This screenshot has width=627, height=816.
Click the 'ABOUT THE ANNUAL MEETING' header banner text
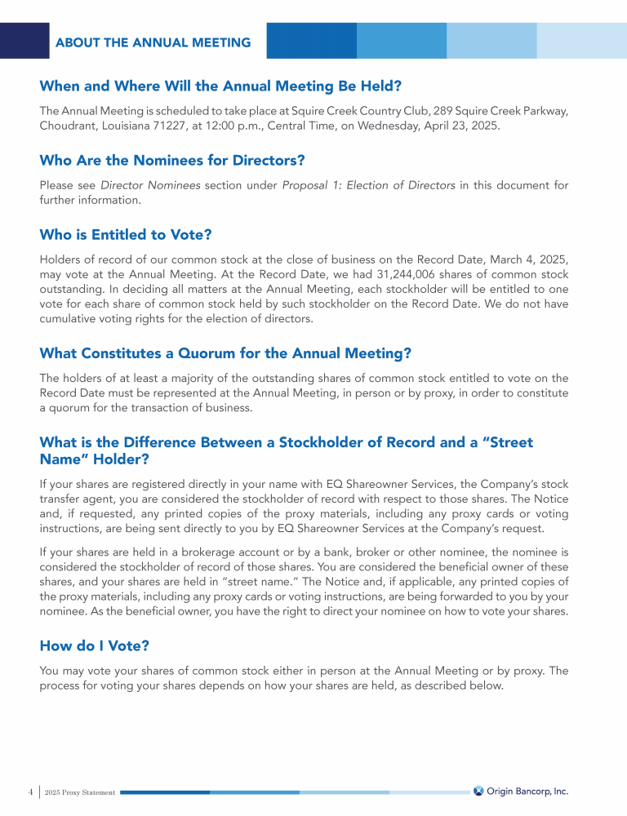point(153,42)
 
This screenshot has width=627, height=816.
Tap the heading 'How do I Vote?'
point(94,646)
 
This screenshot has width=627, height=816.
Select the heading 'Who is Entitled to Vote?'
point(126,235)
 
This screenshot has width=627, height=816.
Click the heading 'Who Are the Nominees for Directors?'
point(171,160)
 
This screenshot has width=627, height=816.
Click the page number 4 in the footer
point(30,792)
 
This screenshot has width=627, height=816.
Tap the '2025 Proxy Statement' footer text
point(80,792)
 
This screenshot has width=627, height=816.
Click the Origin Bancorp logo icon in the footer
point(478,791)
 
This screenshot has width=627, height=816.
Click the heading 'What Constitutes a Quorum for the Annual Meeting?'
point(225,353)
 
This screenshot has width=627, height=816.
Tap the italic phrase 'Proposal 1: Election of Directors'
point(368,185)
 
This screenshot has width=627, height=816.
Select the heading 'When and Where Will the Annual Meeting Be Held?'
point(220,86)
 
